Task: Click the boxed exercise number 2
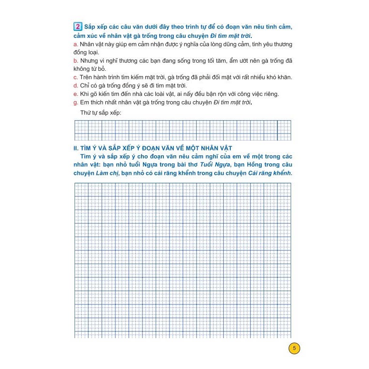(x=78, y=27)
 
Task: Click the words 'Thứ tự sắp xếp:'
(x=101, y=113)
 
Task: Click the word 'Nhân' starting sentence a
(x=88, y=44)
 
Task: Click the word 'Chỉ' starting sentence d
(x=85, y=85)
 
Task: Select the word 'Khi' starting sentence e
(x=85, y=94)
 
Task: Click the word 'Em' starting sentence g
(x=85, y=103)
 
